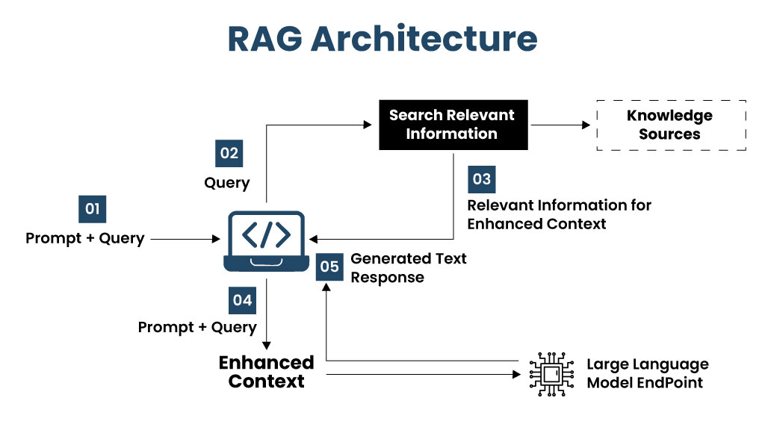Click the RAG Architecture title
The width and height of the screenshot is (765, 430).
point(382,39)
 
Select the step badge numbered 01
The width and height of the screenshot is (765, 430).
point(92,209)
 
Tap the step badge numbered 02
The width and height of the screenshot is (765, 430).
point(229,154)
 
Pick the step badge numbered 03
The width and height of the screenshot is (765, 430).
point(482,179)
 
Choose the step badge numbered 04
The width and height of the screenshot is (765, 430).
point(243,300)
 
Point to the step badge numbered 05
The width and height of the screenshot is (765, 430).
point(329,267)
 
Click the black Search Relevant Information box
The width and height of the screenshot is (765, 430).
point(453,125)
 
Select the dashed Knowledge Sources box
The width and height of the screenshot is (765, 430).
point(672,125)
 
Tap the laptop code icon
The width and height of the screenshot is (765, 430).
point(267,241)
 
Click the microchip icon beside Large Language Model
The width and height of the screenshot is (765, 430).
point(551,374)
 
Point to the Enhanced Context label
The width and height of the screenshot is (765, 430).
point(267,372)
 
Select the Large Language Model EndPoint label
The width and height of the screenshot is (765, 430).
point(648,373)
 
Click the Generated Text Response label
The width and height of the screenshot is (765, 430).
point(409,268)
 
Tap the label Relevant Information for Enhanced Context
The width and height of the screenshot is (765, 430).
point(559,214)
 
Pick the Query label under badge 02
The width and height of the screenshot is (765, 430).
point(227,184)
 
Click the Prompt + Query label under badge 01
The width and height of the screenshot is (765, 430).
point(85,238)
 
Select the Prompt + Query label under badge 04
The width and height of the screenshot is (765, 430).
point(197,327)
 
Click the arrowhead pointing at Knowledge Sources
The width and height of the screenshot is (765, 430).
point(586,125)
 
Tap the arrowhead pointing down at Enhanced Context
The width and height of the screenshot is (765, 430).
point(267,345)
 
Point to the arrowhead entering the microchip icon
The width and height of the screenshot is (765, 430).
point(517,375)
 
